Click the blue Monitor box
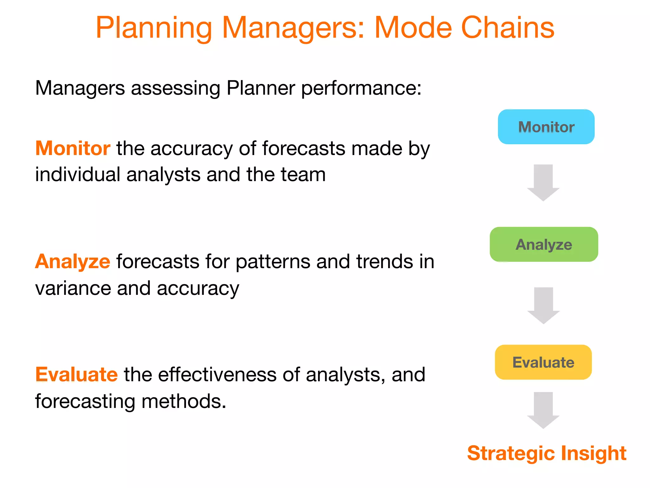pos(546,127)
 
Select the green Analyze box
pos(544,244)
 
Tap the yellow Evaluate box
pos(543,362)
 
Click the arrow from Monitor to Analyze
pos(543,182)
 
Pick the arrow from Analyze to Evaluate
pos(543,305)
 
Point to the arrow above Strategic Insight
pos(543,410)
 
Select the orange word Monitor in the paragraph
pos(73,148)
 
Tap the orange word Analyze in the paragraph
pos(73,262)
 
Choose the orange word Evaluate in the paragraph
pos(76,374)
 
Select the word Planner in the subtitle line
pos(261,88)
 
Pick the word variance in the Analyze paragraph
pos(73,288)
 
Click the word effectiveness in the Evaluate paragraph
pos(217,375)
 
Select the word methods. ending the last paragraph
pos(184,401)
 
